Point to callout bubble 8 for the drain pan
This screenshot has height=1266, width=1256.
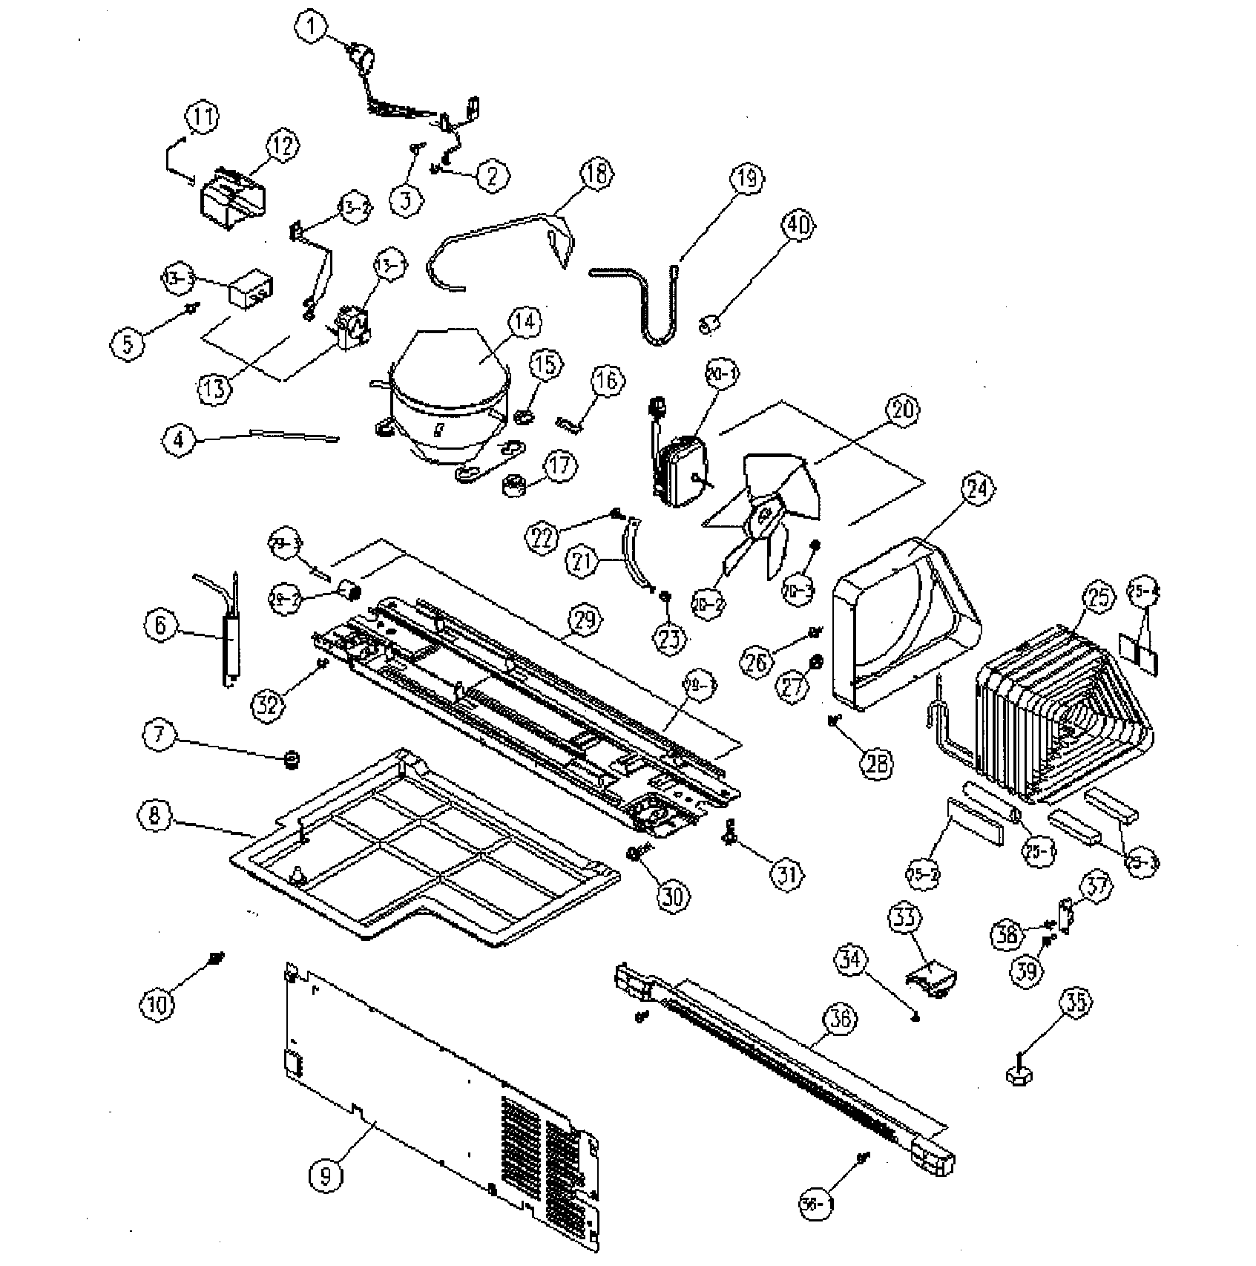tap(154, 815)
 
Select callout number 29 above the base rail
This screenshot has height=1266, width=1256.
tap(585, 620)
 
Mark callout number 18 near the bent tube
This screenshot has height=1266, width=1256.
tap(596, 176)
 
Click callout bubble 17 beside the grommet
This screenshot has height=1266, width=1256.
tap(560, 466)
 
